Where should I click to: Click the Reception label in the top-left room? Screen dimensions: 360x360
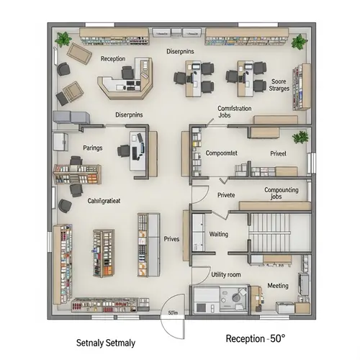(113, 59)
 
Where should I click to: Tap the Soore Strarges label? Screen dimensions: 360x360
(279, 86)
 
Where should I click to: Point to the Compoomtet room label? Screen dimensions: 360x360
(222, 153)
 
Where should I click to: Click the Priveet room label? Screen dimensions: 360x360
(278, 153)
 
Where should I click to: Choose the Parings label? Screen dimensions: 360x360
(93, 148)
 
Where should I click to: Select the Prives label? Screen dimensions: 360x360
(171, 239)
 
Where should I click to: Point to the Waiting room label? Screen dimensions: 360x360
(218, 235)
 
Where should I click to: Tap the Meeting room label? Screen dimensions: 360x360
(278, 286)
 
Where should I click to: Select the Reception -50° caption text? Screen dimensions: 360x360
(256, 338)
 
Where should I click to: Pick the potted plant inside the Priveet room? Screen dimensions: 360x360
(300, 137)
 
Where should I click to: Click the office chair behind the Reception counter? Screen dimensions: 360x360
(129, 71)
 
